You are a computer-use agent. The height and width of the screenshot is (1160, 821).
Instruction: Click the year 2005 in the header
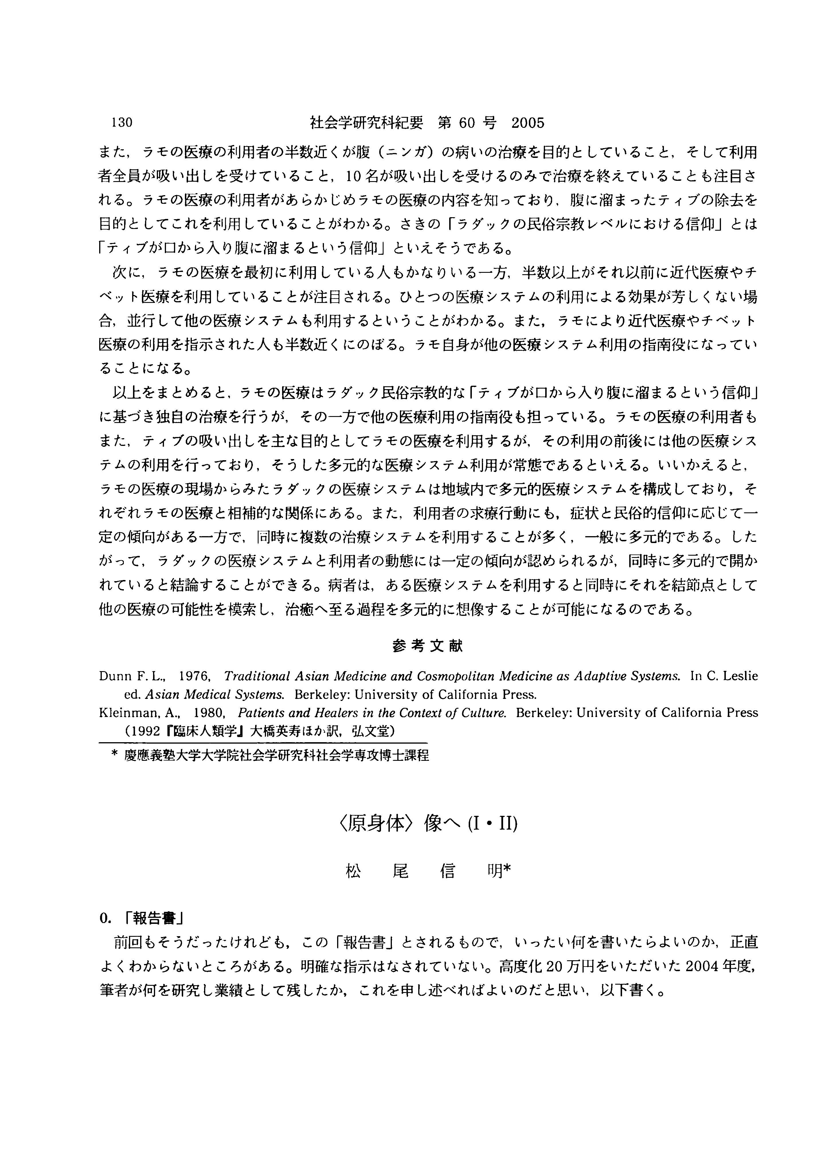(528, 123)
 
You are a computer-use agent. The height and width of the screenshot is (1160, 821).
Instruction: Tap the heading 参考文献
(427, 646)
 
